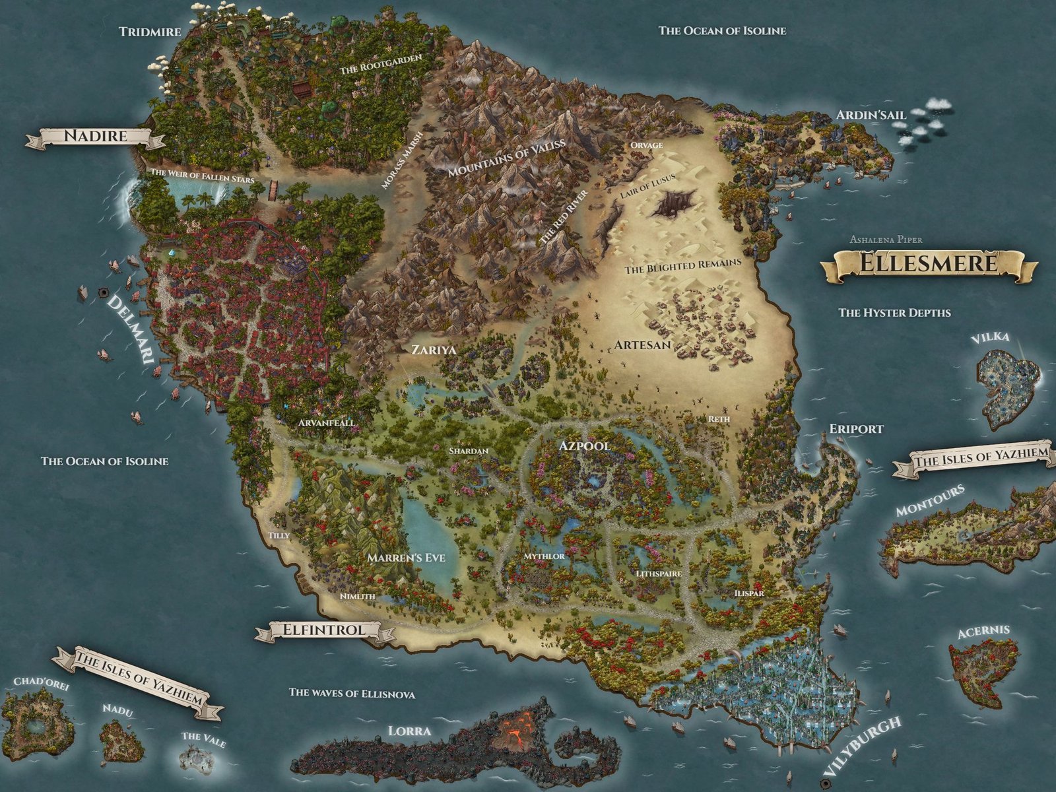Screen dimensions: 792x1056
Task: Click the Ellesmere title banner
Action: click(x=928, y=264)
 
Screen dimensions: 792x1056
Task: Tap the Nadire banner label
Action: click(x=95, y=137)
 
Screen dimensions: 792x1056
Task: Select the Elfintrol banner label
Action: click(x=323, y=630)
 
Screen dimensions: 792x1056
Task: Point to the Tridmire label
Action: click(x=150, y=32)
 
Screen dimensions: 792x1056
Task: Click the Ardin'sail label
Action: click(x=871, y=115)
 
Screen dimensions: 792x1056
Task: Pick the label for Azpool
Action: click(x=584, y=445)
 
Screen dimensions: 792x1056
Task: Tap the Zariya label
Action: click(x=434, y=350)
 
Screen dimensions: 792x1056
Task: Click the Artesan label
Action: click(x=642, y=345)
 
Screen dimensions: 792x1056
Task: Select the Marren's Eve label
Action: click(x=406, y=558)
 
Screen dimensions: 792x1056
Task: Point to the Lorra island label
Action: click(x=409, y=731)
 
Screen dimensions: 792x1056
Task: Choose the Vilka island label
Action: click(x=990, y=337)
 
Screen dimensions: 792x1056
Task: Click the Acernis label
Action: click(x=983, y=632)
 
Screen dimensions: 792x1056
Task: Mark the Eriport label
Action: click(x=856, y=429)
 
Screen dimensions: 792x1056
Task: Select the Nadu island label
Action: click(x=117, y=711)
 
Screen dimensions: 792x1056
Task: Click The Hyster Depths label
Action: click(x=894, y=312)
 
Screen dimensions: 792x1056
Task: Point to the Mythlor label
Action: click(x=544, y=556)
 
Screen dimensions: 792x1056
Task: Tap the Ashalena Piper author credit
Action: click(x=886, y=240)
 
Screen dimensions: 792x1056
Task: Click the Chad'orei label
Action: click(x=41, y=683)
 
